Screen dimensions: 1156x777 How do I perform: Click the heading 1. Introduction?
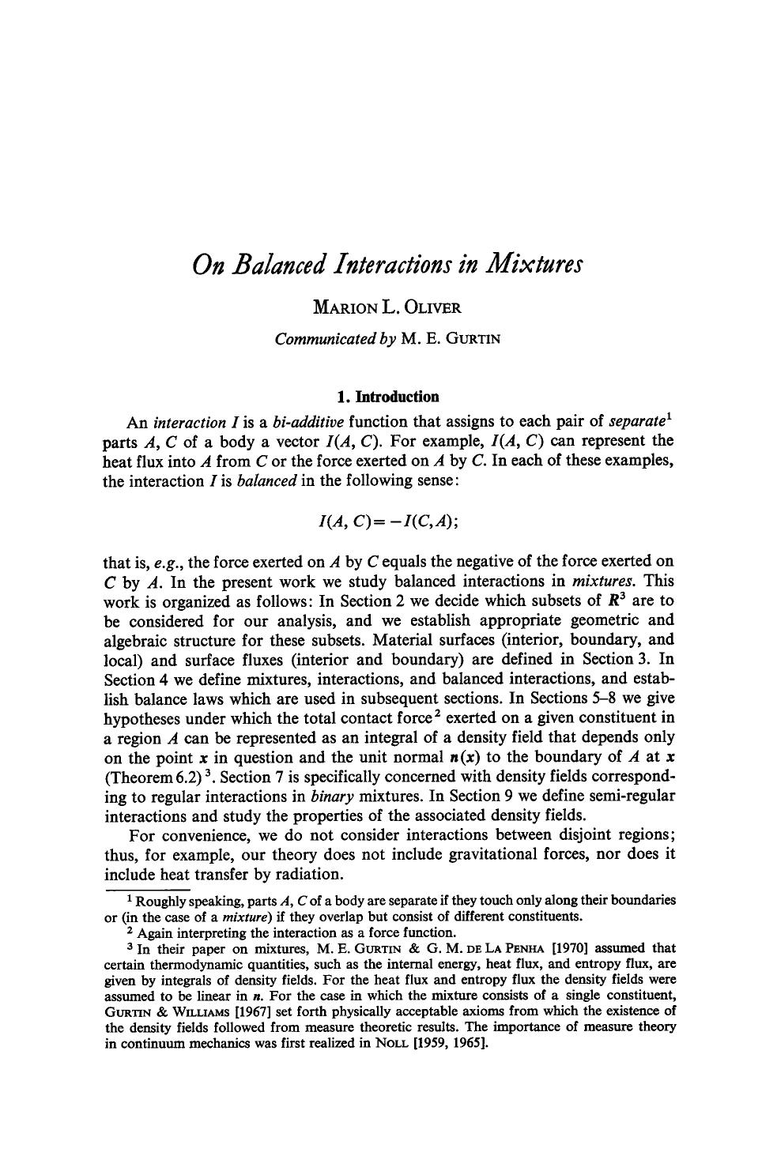pos(387,396)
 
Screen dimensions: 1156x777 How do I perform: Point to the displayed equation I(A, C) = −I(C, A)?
pos(387,521)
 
